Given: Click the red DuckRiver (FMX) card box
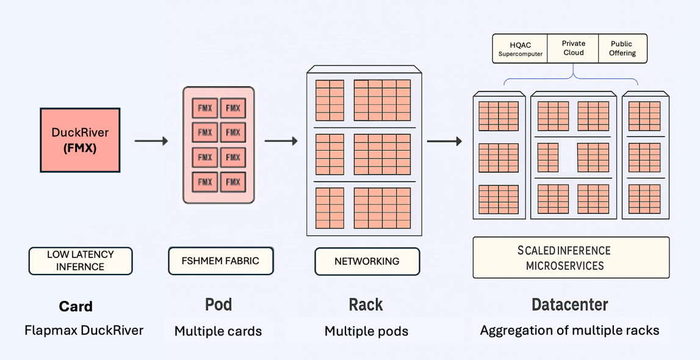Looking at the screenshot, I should (x=80, y=140).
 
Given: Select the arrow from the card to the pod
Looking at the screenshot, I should (x=151, y=142).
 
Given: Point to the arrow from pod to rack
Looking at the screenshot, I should (x=281, y=142).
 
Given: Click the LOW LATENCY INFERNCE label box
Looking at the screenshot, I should (x=81, y=261).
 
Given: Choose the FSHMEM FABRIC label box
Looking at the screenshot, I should (x=220, y=261).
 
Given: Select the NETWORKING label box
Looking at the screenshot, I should (x=367, y=261).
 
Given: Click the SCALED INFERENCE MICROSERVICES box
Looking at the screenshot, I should (x=571, y=257).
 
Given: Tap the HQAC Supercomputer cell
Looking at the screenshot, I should (x=520, y=49).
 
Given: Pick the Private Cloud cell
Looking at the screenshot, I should (x=573, y=48).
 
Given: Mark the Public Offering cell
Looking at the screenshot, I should (x=622, y=48).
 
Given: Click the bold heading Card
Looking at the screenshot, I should (x=76, y=306).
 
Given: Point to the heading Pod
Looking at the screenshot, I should (x=218, y=304).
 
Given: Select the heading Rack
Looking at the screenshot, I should (x=366, y=304).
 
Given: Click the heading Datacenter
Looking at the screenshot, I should (x=569, y=304).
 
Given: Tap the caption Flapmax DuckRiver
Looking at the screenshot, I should (x=84, y=331).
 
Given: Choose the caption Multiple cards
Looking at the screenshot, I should (x=218, y=331).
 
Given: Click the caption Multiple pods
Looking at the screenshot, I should (x=366, y=331).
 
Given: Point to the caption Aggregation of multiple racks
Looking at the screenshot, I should (x=569, y=331).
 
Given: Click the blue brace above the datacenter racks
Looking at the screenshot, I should (x=572, y=77).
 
